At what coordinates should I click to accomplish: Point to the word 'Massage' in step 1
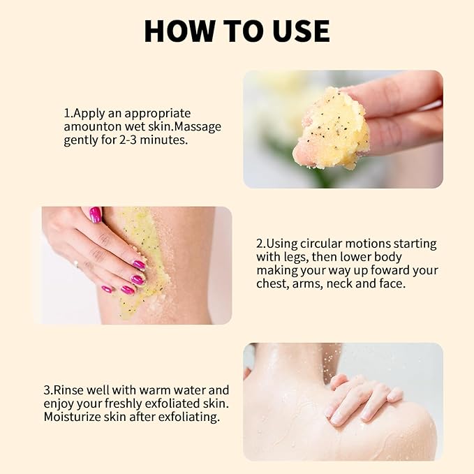[x=198, y=127]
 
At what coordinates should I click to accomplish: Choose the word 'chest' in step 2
[x=272, y=283]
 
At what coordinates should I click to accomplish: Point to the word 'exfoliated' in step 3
[x=172, y=403]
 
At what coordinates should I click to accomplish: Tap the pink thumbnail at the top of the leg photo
[x=96, y=214]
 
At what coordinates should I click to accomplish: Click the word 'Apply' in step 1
[x=88, y=114]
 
